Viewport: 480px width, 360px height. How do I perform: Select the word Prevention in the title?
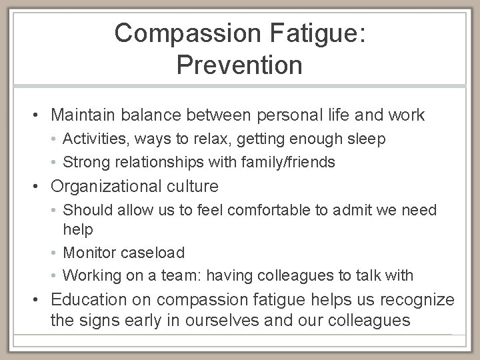240,65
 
